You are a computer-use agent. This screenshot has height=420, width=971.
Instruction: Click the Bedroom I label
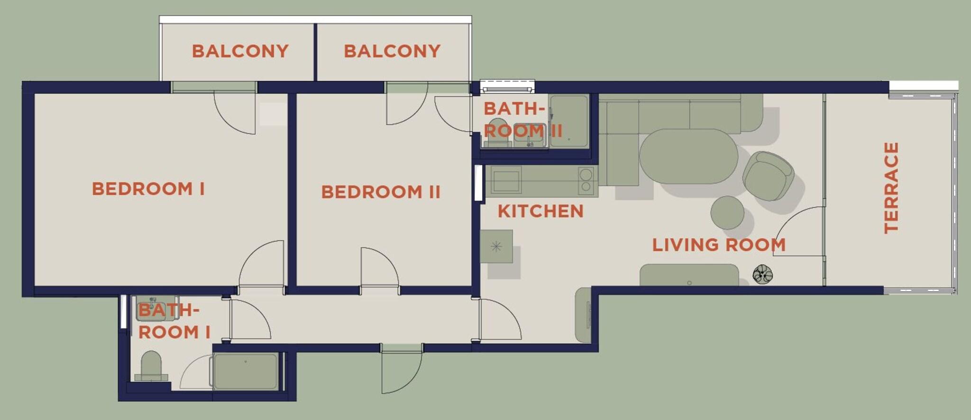148,189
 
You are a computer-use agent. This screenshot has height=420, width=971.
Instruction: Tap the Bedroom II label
381,192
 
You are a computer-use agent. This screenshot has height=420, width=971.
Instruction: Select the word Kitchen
540,211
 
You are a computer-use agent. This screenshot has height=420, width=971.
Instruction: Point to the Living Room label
719,245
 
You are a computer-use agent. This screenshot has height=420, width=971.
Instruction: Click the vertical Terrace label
891,188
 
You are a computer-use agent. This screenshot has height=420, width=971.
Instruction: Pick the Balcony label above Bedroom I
240,51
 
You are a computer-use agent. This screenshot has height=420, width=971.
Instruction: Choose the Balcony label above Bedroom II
392,51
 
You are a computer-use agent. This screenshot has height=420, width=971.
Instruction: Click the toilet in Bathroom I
151,366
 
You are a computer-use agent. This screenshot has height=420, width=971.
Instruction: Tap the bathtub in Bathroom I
245,371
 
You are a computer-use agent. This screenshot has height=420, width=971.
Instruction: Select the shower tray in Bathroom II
569,121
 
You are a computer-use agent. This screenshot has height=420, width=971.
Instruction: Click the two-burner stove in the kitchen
586,181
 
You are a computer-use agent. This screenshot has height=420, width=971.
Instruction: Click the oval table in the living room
688,156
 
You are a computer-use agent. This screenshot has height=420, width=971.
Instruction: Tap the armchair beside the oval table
768,176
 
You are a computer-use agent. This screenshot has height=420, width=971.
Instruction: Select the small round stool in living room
727,213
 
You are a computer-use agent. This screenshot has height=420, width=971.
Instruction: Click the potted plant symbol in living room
762,274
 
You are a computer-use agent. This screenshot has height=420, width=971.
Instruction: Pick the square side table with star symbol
496,247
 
